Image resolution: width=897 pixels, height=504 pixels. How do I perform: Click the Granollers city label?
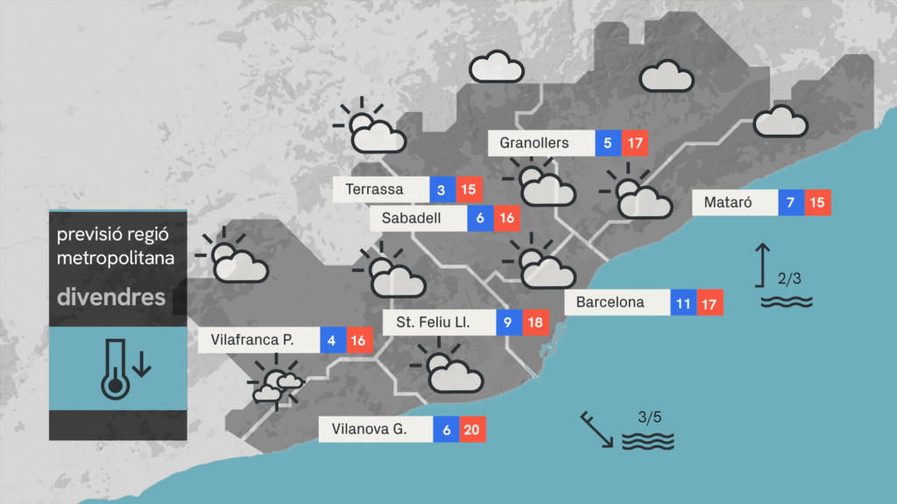point(534,143)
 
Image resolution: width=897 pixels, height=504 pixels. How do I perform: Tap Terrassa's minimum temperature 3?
point(441,190)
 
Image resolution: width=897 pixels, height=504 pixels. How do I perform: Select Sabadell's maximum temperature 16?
point(506,219)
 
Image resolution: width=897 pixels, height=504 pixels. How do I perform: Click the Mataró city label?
point(725,203)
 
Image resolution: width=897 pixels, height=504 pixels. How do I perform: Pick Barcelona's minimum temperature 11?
point(684,303)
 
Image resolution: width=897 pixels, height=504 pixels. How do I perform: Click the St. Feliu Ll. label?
point(433,323)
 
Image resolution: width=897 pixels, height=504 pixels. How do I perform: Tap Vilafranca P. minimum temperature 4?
point(333,339)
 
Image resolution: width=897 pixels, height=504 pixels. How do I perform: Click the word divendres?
point(111,297)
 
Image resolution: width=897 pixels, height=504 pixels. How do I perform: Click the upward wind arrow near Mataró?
point(763,265)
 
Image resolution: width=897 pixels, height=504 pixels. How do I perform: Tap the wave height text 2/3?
point(789,279)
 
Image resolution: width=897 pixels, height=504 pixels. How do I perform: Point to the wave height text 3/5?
point(649,416)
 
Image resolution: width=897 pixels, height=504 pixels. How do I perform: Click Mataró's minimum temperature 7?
point(791,203)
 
